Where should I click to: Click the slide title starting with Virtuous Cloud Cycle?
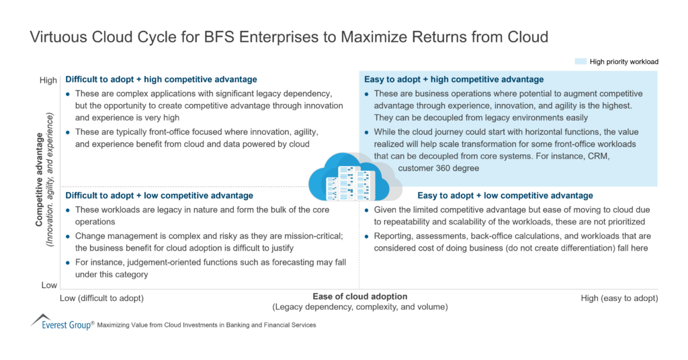[289, 37]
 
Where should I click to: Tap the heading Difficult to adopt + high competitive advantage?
[161, 79]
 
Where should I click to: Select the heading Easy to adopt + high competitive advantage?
[454, 79]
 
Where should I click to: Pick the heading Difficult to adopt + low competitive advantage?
[159, 195]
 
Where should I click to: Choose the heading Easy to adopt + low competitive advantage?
[505, 195]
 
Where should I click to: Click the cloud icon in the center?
[349, 178]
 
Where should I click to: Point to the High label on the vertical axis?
[48, 81]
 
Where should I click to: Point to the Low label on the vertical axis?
[49, 285]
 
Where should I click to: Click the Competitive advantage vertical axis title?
[40, 181]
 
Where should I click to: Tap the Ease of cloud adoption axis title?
[359, 296]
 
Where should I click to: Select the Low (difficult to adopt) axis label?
[101, 298]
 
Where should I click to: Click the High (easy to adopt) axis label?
[619, 298]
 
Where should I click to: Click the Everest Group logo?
[61, 323]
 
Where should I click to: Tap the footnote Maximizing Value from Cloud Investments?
[206, 325]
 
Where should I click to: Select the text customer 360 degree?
[438, 168]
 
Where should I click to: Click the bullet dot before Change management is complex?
[68, 236]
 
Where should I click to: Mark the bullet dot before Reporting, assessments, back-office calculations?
[366, 236]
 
